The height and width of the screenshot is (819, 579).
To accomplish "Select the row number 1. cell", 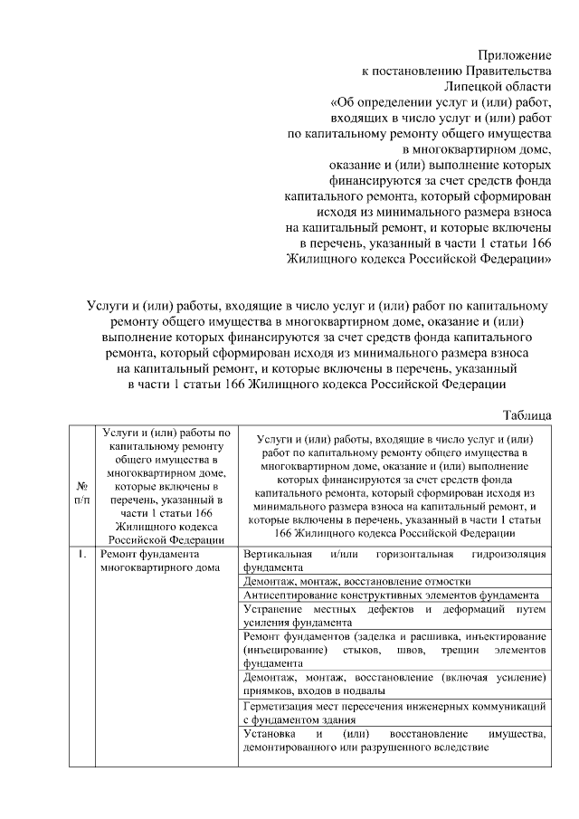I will point(81,553).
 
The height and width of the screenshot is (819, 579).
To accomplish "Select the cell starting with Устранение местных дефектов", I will point(394,616).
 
